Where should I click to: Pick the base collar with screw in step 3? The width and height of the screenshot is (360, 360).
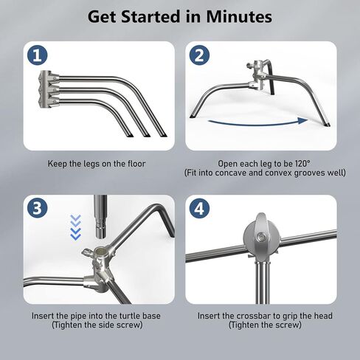tap(97, 255)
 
